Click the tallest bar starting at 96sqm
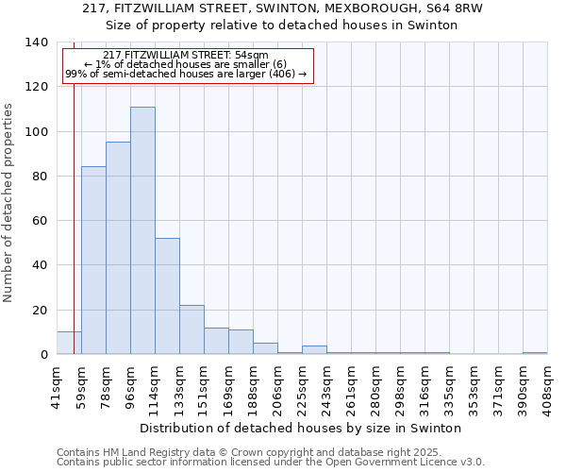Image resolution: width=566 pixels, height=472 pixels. coord(142,230)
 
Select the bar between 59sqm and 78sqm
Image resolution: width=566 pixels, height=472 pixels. coord(93,261)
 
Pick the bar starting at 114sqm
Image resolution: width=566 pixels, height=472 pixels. coord(167,296)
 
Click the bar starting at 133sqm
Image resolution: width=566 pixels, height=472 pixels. coord(191,329)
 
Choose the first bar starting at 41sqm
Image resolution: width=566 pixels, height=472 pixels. coord(69,343)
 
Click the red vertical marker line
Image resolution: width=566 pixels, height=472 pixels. coord(74,208)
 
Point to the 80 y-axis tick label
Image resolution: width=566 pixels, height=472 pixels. coord(39,177)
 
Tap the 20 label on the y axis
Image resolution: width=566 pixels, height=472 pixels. coord(39,310)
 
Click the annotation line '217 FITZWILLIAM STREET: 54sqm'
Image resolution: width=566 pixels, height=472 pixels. coord(186,55)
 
